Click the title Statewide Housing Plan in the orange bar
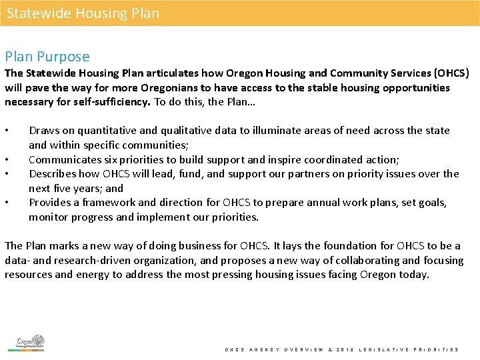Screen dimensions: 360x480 (x=83, y=13)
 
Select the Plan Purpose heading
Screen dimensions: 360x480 (x=47, y=57)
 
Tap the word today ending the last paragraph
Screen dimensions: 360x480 (x=414, y=275)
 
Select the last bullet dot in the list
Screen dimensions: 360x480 (x=7, y=203)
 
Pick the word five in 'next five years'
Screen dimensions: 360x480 (x=63, y=188)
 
